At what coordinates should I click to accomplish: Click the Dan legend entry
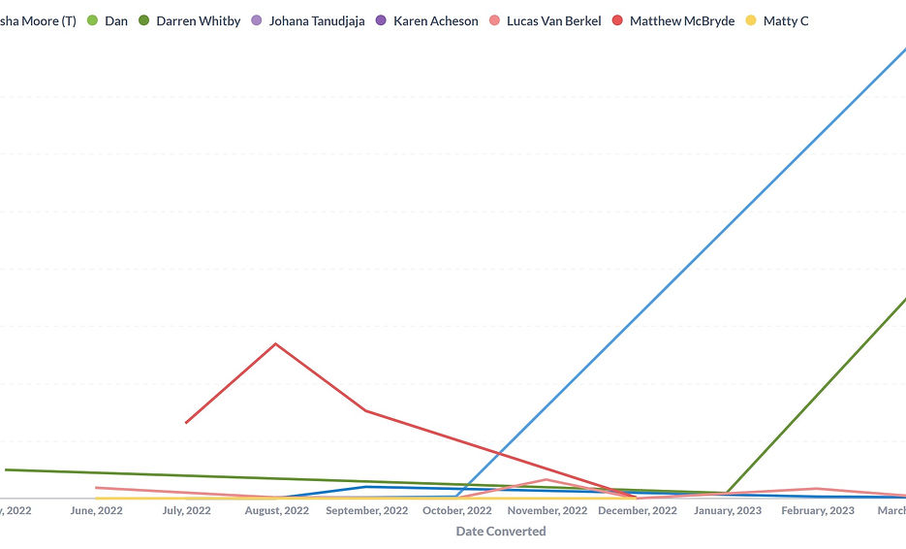115,20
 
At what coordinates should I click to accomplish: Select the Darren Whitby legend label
198,20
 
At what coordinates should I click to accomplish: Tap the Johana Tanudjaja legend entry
317,20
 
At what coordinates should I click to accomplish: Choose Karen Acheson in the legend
435,20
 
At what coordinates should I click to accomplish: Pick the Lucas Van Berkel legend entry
553,20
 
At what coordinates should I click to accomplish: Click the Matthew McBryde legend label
681,20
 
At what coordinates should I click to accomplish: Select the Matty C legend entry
785,20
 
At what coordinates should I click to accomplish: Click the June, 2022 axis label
96,510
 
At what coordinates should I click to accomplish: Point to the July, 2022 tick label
186,510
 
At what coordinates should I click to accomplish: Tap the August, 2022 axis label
276,510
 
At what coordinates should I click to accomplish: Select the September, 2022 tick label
366,510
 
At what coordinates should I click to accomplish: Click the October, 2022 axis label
456,510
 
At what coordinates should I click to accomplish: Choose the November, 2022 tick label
547,510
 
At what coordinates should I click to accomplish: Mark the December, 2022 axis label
637,510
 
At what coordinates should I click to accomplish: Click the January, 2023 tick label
728,510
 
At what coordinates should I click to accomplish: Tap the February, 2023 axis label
818,510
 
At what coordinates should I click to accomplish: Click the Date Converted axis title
501,532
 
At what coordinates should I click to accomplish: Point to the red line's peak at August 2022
276,343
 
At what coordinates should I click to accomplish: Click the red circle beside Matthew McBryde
617,20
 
